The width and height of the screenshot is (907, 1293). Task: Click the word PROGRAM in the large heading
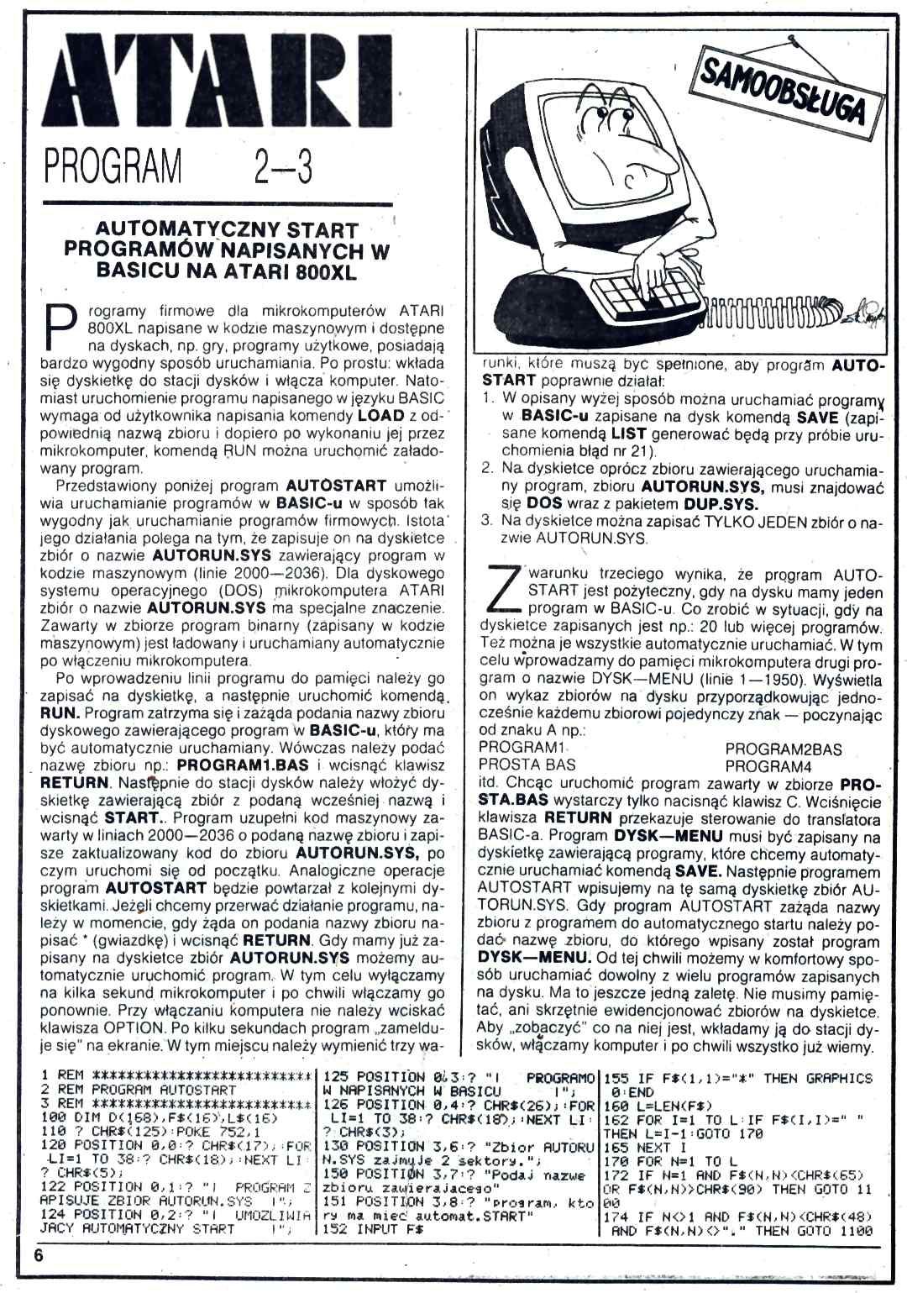point(113,166)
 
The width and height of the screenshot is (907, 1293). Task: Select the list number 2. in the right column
point(488,469)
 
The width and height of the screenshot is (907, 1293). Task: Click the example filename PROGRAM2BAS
point(783,749)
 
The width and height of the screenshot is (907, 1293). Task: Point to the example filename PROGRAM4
point(768,765)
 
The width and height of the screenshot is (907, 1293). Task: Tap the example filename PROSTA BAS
point(527,765)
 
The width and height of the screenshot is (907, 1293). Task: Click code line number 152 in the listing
point(335,1228)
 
